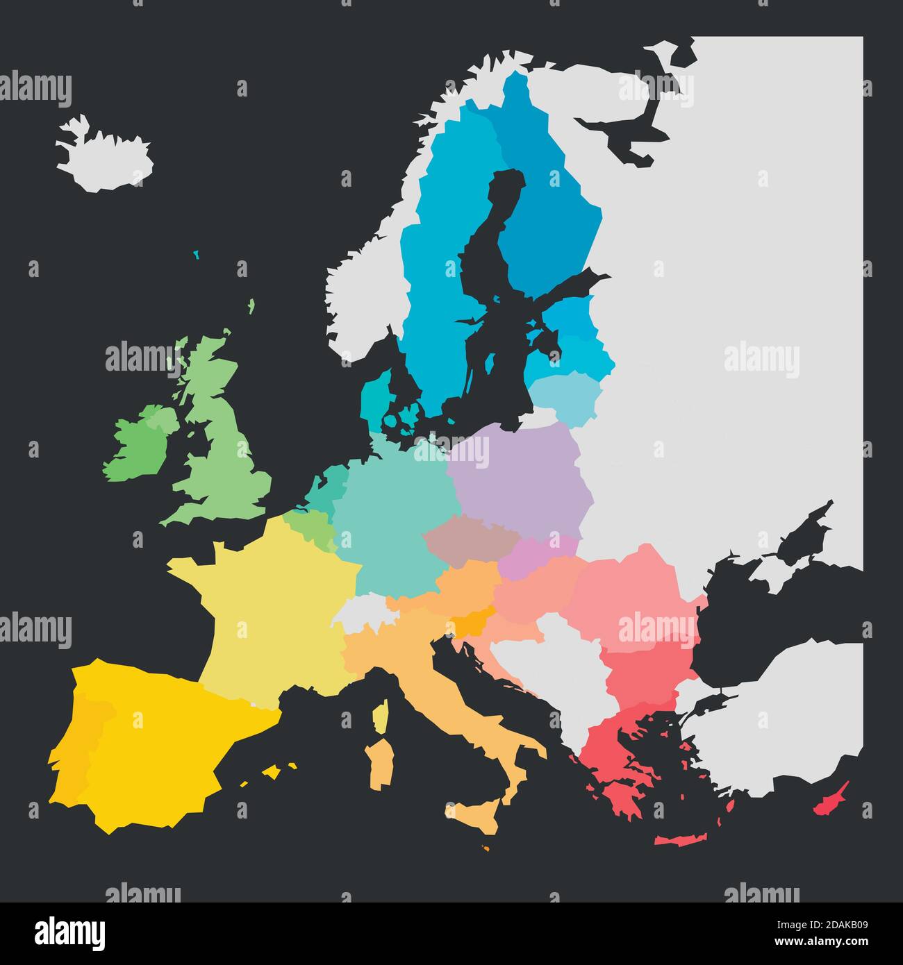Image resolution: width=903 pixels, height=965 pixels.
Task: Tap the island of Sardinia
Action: pyautogui.click(x=381, y=764)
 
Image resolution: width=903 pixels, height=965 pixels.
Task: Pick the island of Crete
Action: pyautogui.click(x=684, y=839)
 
